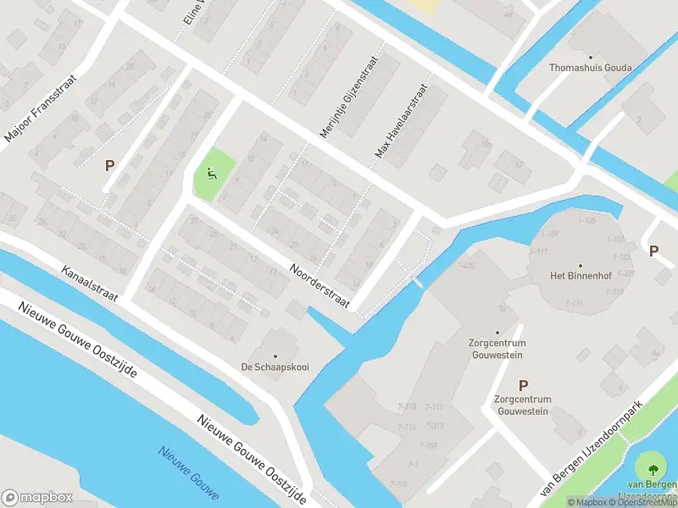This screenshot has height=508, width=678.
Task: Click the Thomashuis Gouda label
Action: pyautogui.click(x=586, y=67)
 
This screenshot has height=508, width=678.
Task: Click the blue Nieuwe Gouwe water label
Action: pyautogui.click(x=188, y=472)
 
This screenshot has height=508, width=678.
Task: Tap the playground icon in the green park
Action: pyautogui.click(x=211, y=174)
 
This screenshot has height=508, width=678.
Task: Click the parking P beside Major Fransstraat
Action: pyautogui.click(x=109, y=166)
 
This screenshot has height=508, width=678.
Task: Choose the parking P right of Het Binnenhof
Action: pyautogui.click(x=653, y=251)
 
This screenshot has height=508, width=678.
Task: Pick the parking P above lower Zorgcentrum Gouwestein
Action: pyautogui.click(x=523, y=384)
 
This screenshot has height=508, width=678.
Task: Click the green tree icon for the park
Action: pyautogui.click(x=653, y=467)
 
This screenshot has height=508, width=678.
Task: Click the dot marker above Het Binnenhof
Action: pyautogui.click(x=581, y=265)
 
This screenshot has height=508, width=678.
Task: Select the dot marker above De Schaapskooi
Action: pyautogui.click(x=275, y=356)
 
